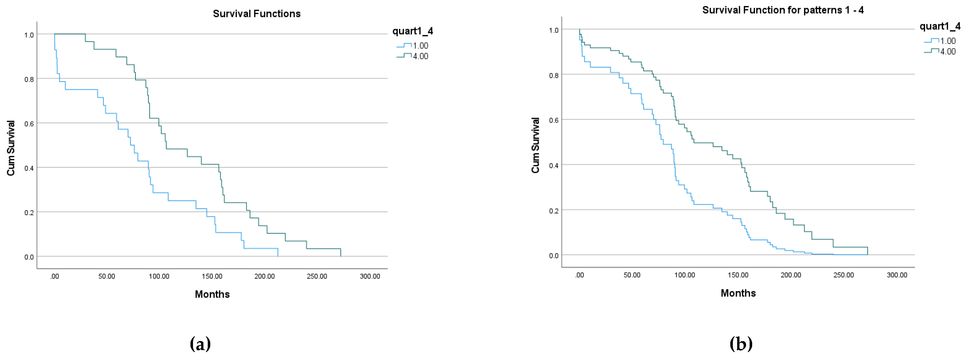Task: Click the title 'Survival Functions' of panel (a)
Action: (x=257, y=14)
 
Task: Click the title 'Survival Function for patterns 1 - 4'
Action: (x=783, y=10)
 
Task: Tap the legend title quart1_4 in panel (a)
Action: (x=412, y=31)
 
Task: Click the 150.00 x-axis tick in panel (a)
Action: (x=212, y=276)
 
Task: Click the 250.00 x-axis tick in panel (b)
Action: (x=844, y=275)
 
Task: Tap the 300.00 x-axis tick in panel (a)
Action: (x=370, y=276)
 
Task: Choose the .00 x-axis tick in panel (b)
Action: (x=579, y=275)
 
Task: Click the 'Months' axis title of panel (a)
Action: (x=212, y=294)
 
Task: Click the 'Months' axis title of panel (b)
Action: (x=738, y=293)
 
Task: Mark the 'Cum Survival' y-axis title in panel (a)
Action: (x=11, y=148)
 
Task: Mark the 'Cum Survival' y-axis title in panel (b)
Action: (x=536, y=145)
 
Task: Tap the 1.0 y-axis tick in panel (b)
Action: (x=554, y=30)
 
